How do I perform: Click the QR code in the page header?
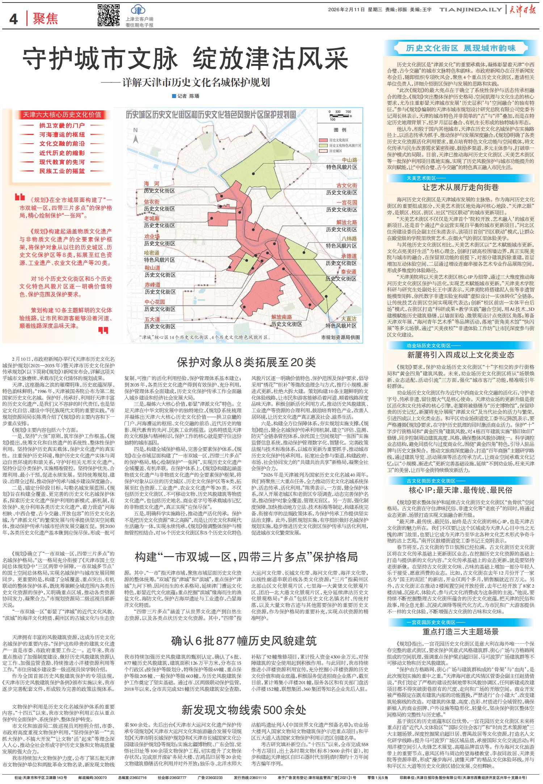(x=109, y=15)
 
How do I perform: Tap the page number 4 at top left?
(x=13, y=18)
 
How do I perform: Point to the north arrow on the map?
(x=136, y=137)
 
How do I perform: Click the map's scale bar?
(x=338, y=115)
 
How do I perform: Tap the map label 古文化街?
(x=346, y=185)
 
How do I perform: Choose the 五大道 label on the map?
(x=152, y=319)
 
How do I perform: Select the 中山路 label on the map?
(x=349, y=160)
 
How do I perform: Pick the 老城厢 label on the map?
(x=152, y=219)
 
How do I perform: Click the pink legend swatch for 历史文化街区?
(x=324, y=140)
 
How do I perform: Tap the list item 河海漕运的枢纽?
(x=62, y=134)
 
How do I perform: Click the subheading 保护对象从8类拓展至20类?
(x=246, y=362)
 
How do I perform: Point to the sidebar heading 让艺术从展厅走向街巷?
(x=460, y=187)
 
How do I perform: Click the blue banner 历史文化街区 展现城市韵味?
(x=460, y=48)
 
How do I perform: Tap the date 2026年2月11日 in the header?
(x=346, y=10)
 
